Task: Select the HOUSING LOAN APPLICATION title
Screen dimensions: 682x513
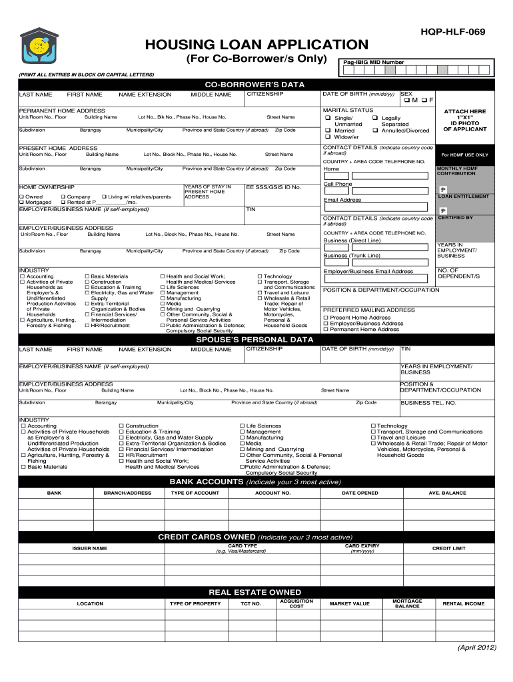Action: click(x=256, y=45)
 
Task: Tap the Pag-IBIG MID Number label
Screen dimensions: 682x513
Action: click(x=374, y=63)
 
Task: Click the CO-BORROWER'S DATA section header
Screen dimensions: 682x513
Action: click(x=255, y=85)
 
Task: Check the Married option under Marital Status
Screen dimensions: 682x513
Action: click(x=340, y=131)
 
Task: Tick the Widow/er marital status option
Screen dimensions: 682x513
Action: click(x=342, y=137)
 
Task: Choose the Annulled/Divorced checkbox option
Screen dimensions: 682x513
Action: click(x=401, y=131)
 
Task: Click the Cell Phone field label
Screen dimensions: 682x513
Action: click(x=337, y=184)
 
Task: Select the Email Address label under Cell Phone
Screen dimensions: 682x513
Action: click(x=342, y=200)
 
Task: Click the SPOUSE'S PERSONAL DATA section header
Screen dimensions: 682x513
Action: click(x=255, y=339)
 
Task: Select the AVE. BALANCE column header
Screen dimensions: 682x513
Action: click(x=447, y=493)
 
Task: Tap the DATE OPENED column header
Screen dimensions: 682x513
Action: click(x=360, y=493)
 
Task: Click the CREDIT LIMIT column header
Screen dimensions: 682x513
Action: click(x=449, y=548)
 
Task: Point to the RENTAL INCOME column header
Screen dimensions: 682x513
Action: click(x=464, y=603)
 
